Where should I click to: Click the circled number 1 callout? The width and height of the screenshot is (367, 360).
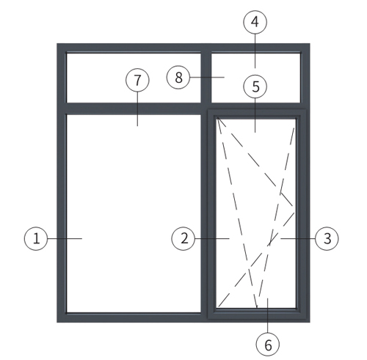(x=36, y=238)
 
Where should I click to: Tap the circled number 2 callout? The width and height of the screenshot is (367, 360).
(x=183, y=238)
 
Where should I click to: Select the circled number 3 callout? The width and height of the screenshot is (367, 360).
(x=327, y=238)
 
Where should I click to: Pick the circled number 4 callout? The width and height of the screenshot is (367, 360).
(x=255, y=22)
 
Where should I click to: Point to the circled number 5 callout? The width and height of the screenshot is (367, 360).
(x=255, y=87)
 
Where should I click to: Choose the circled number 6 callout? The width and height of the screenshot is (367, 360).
(x=268, y=345)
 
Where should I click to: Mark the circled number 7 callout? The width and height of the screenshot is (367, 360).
(x=137, y=80)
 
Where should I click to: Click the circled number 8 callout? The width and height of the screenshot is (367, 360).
(x=178, y=77)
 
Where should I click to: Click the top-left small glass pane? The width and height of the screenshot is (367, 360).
(x=134, y=78)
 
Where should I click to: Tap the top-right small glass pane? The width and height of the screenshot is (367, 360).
(x=255, y=78)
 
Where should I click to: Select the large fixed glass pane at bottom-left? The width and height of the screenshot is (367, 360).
(x=134, y=213)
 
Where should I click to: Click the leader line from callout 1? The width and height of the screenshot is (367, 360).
(x=65, y=238)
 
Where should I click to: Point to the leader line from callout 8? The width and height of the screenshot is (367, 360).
(x=207, y=77)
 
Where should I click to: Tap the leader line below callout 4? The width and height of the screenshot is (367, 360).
(x=255, y=51)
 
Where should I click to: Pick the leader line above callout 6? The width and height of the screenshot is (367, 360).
(x=268, y=315)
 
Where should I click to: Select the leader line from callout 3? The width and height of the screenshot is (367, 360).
(x=298, y=238)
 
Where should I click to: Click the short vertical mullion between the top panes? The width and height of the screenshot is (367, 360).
(x=206, y=78)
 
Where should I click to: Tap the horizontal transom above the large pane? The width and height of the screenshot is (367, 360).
(x=134, y=109)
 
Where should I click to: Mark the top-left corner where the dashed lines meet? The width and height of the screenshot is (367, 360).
(x=217, y=119)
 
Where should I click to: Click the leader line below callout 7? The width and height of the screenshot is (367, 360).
(x=137, y=109)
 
